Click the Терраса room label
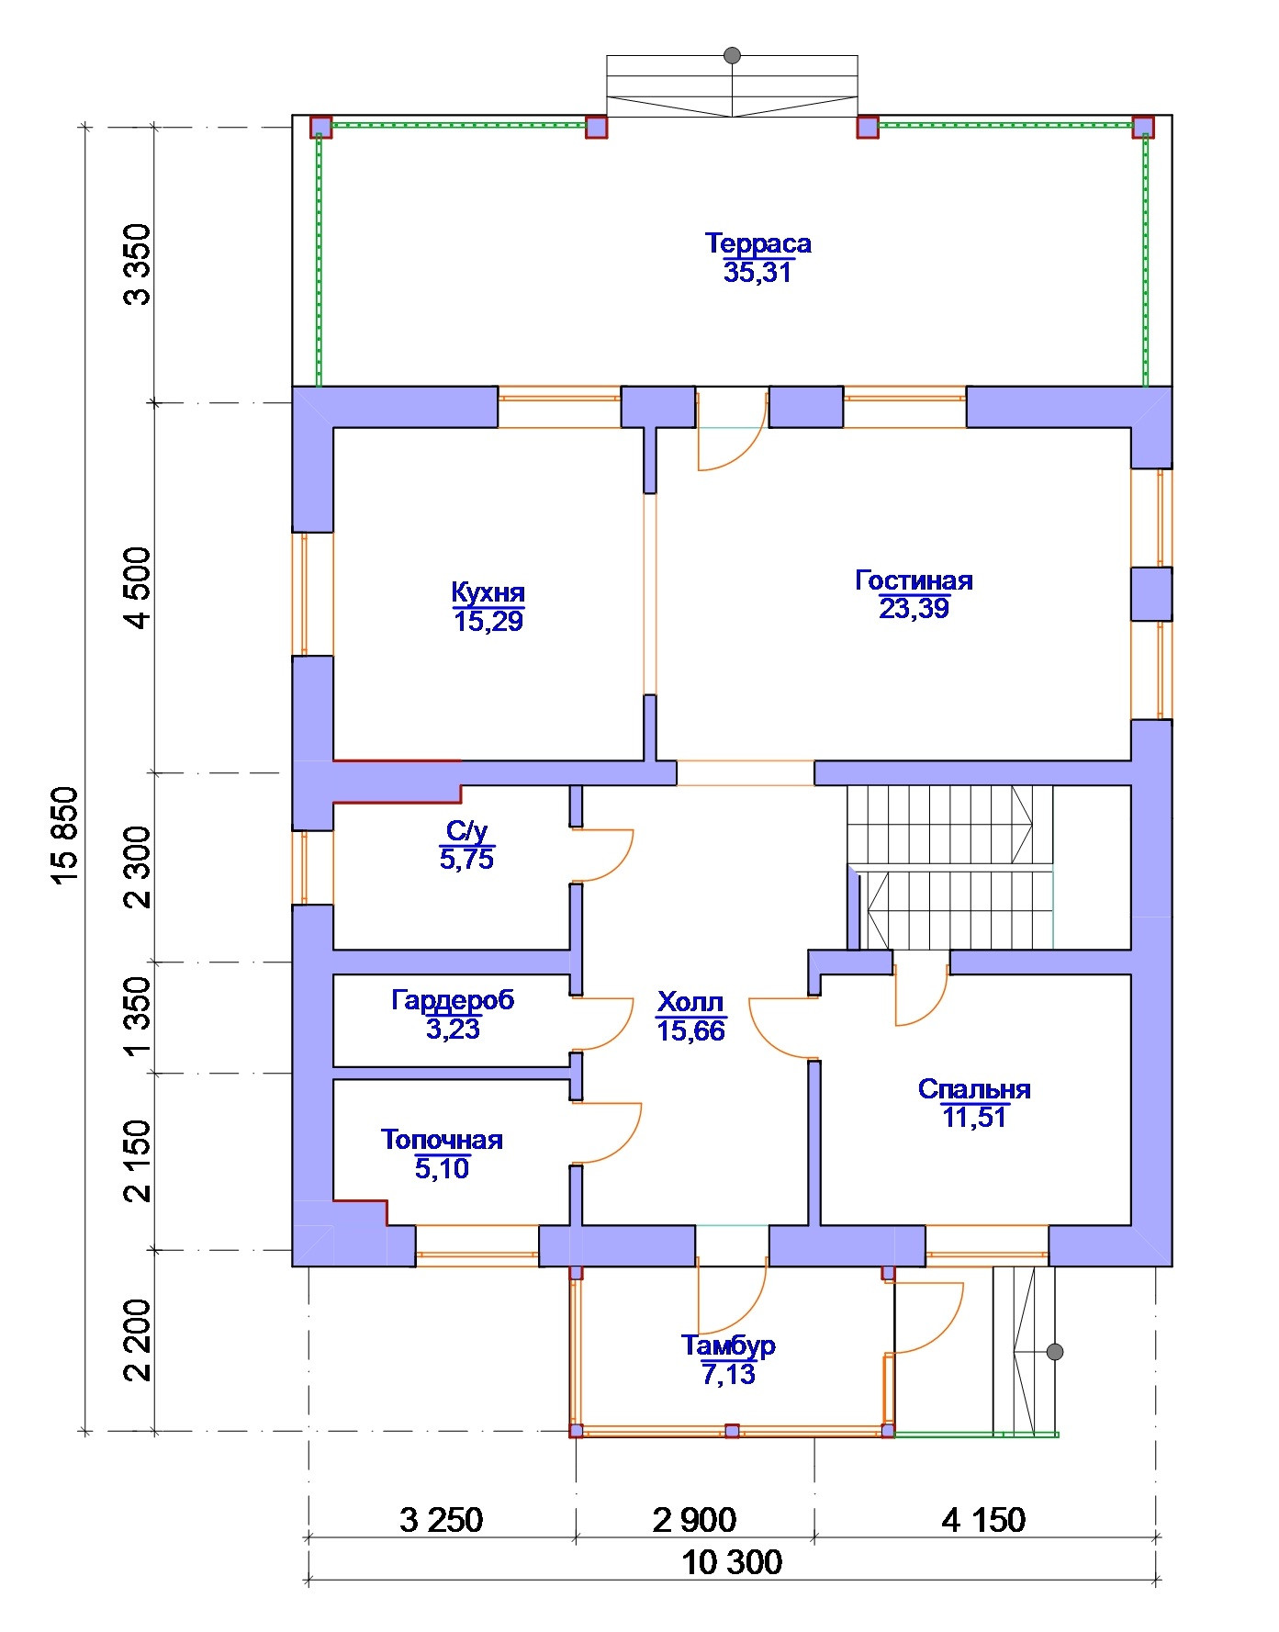click(x=758, y=243)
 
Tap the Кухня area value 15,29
click(x=488, y=622)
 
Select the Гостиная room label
click(x=914, y=580)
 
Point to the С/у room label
click(x=466, y=831)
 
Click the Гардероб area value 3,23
click(x=453, y=1029)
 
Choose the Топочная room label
click(x=442, y=1140)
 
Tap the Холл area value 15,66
click(x=691, y=1030)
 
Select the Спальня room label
click(x=974, y=1089)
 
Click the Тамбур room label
click(x=728, y=1345)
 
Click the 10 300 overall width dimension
click(x=732, y=1561)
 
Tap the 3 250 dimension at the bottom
click(x=442, y=1520)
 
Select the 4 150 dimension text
click(x=983, y=1520)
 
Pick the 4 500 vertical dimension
click(x=138, y=588)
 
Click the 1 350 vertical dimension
click(x=138, y=1017)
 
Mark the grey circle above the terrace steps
click(x=732, y=55)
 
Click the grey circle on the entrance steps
click(x=1055, y=1352)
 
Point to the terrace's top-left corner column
click(x=320, y=127)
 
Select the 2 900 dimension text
click(x=694, y=1520)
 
